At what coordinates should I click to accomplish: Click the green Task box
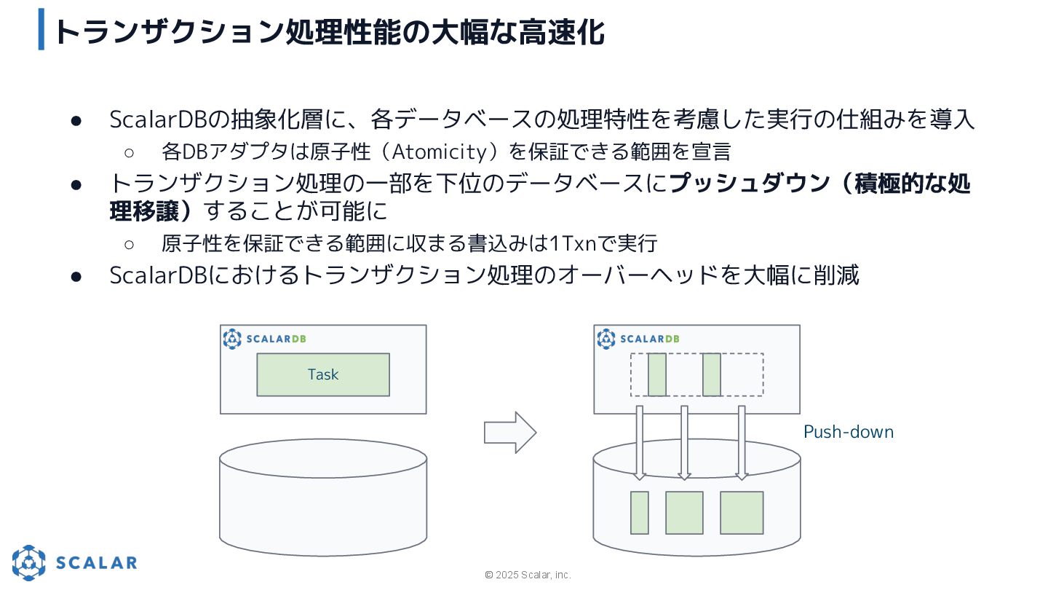(x=323, y=374)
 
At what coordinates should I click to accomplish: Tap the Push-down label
(x=848, y=432)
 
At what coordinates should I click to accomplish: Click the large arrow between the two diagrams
(x=510, y=433)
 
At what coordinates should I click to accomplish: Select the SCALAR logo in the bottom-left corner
(x=74, y=562)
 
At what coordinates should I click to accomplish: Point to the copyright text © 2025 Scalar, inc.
(x=528, y=575)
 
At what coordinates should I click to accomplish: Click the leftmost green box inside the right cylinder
(x=639, y=513)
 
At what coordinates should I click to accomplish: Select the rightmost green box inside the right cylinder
(x=742, y=513)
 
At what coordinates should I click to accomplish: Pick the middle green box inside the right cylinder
(x=684, y=513)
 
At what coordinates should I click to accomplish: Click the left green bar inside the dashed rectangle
(x=656, y=374)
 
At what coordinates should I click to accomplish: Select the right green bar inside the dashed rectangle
(x=711, y=374)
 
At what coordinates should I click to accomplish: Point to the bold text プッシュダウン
(x=750, y=183)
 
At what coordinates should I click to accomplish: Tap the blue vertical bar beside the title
(x=41, y=29)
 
